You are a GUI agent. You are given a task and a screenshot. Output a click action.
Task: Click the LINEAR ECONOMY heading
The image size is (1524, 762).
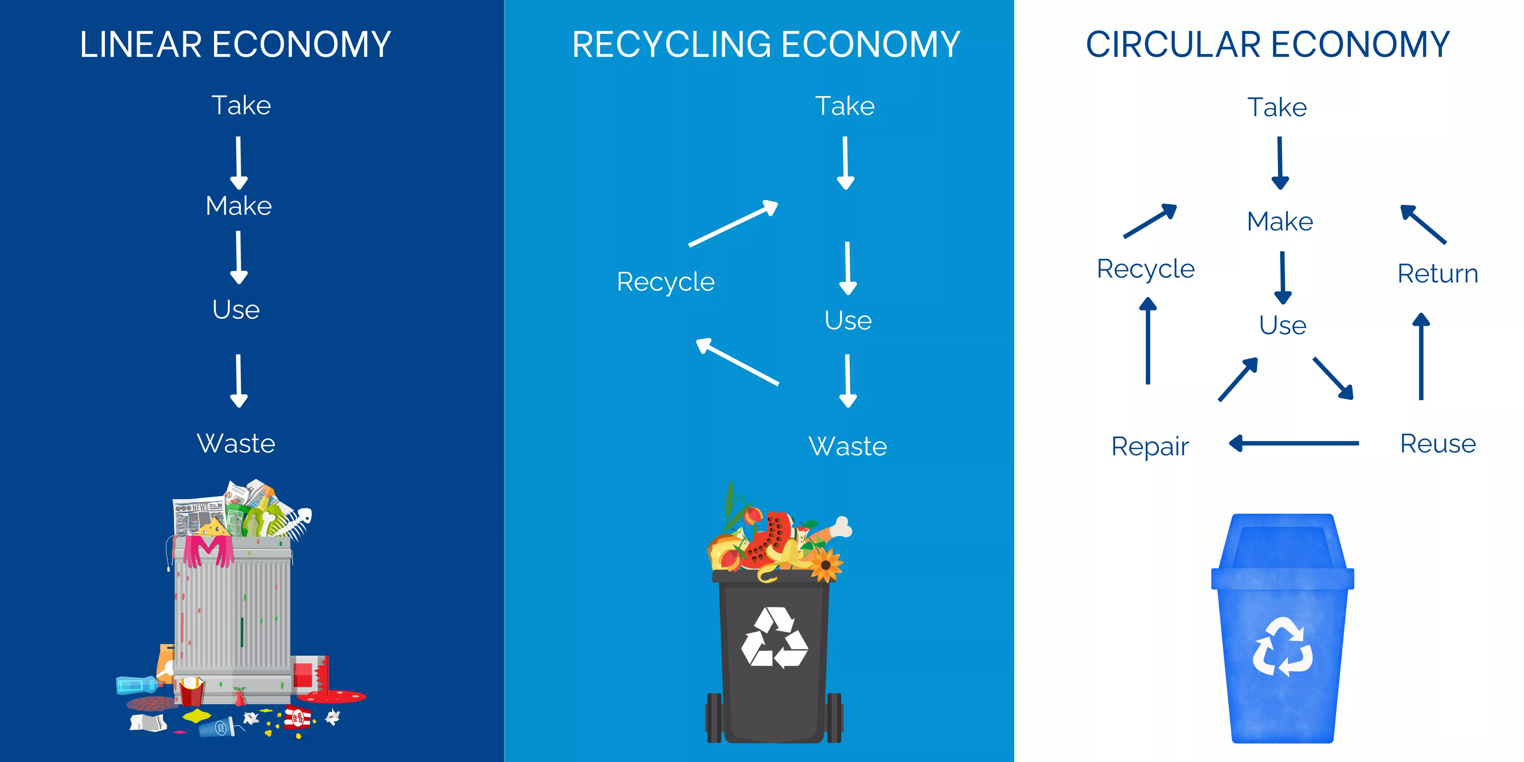pyautogui.click(x=236, y=45)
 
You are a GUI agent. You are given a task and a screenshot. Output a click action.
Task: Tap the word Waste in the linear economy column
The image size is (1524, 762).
pyautogui.click(x=236, y=443)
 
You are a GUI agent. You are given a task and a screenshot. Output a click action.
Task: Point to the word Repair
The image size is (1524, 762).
pyautogui.click(x=1149, y=447)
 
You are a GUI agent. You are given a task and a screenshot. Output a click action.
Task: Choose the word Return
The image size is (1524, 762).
pyautogui.click(x=1438, y=273)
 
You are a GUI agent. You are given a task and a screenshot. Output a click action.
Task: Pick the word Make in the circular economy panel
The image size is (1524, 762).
pyautogui.click(x=1280, y=221)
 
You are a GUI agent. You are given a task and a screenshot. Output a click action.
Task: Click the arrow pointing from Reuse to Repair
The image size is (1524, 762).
pyautogui.click(x=1294, y=443)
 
